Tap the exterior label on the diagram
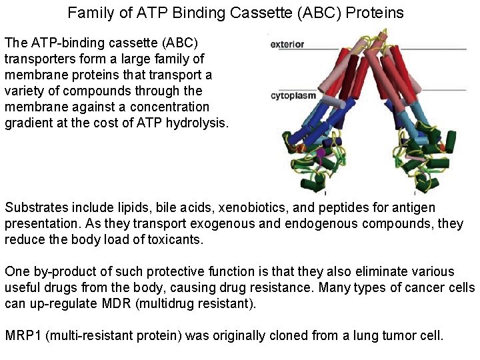(287, 45)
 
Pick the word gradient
(28, 123)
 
